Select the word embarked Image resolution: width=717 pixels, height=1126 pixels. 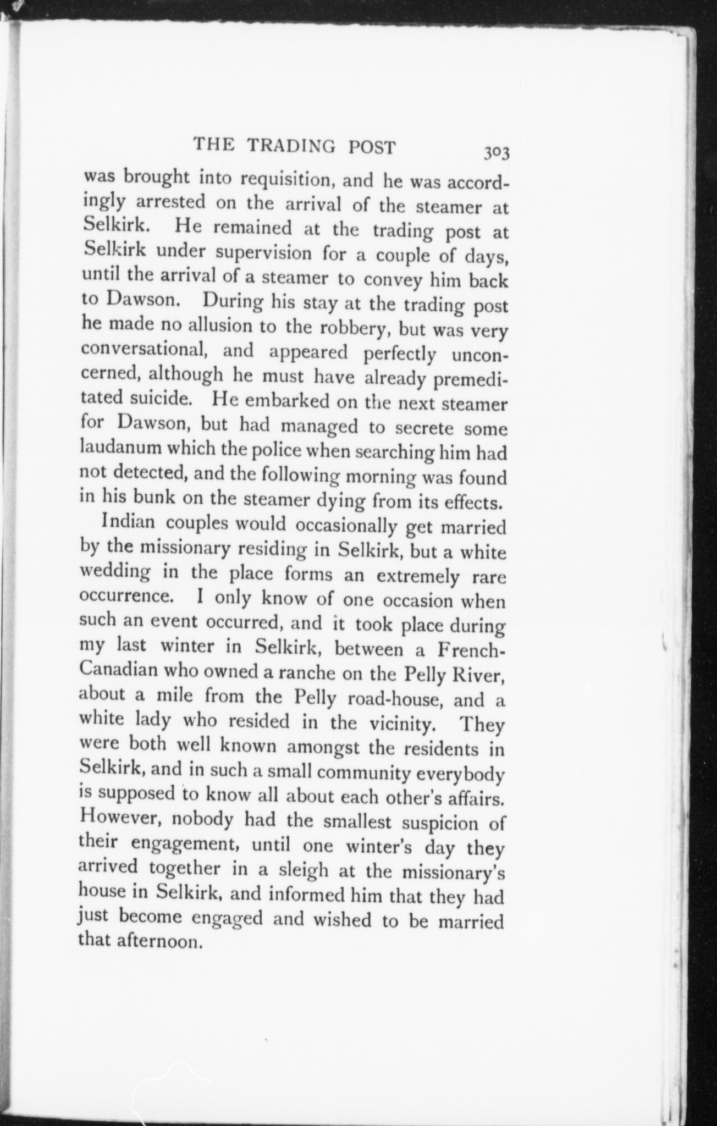286,401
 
